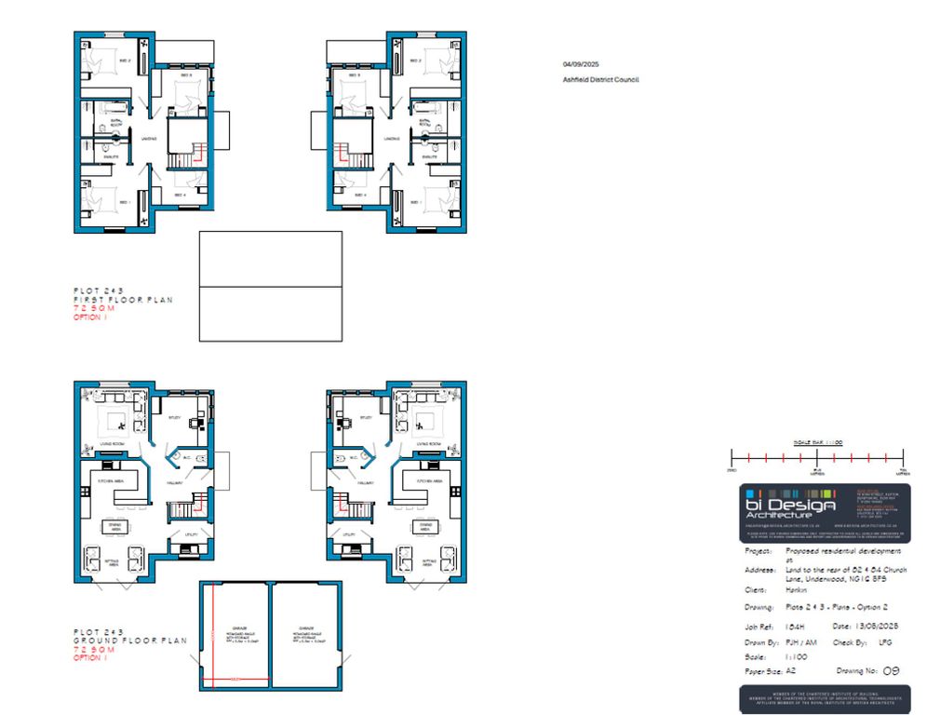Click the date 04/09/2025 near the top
(581, 64)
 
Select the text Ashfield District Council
(600, 80)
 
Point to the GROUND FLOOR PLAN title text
(129, 641)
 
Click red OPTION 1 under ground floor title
(90, 657)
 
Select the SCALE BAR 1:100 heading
(817, 442)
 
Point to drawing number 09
(891, 669)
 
